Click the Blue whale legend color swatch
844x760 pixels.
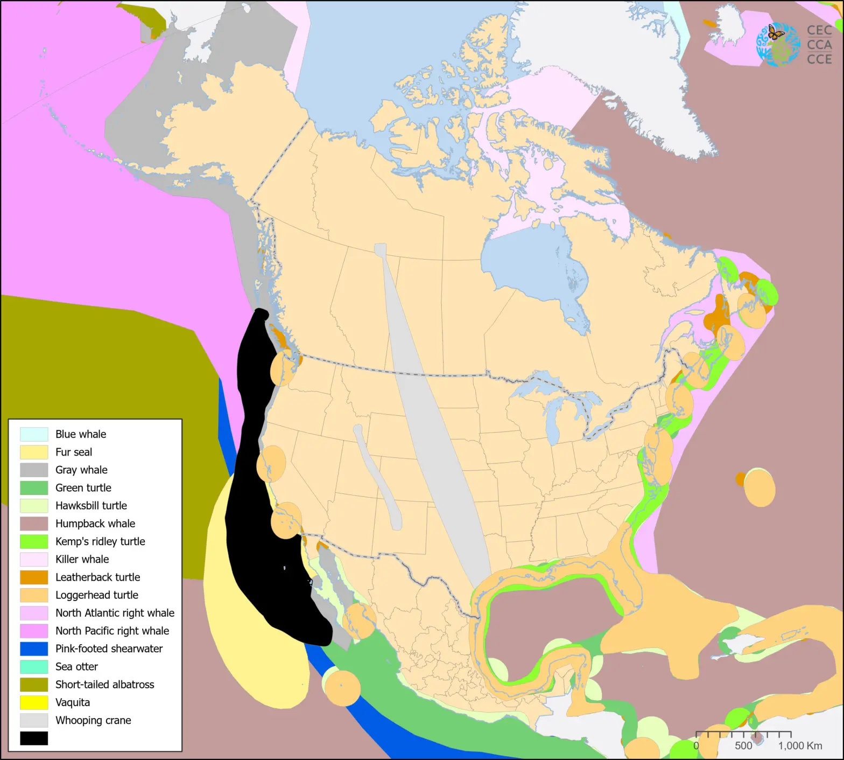point(34,434)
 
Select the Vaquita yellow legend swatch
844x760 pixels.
point(34,702)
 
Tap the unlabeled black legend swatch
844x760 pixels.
point(34,738)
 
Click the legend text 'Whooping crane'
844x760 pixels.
point(93,720)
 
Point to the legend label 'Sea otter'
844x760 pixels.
point(76,667)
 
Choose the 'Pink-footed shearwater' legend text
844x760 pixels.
point(109,649)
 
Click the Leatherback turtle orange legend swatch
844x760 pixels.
point(34,577)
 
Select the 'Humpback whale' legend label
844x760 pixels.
point(95,524)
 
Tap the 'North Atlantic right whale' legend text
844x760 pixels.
point(115,613)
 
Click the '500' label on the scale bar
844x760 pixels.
point(743,745)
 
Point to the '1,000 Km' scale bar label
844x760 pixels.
point(800,745)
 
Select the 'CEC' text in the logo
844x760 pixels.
point(819,31)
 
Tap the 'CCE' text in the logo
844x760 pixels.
point(819,59)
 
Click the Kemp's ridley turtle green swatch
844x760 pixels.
point(34,541)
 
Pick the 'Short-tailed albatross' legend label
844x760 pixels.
point(104,685)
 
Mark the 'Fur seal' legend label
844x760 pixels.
point(74,452)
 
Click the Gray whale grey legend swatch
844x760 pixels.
point(34,470)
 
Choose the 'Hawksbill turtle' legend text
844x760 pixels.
point(91,506)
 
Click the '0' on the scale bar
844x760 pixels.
point(696,745)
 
